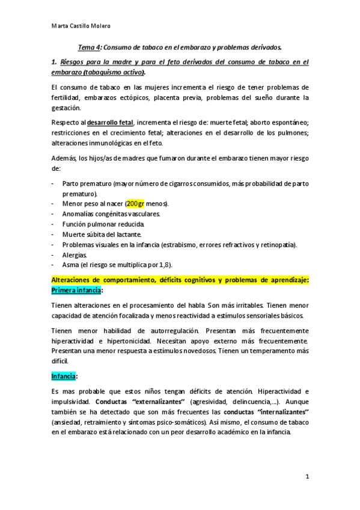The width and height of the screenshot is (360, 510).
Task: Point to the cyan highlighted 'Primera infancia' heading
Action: pyautogui.click(x=76, y=290)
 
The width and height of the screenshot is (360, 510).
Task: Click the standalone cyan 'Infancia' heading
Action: pyautogui.click(x=63, y=376)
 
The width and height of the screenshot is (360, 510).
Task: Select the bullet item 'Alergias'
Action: pyautogui.click(x=75, y=254)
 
